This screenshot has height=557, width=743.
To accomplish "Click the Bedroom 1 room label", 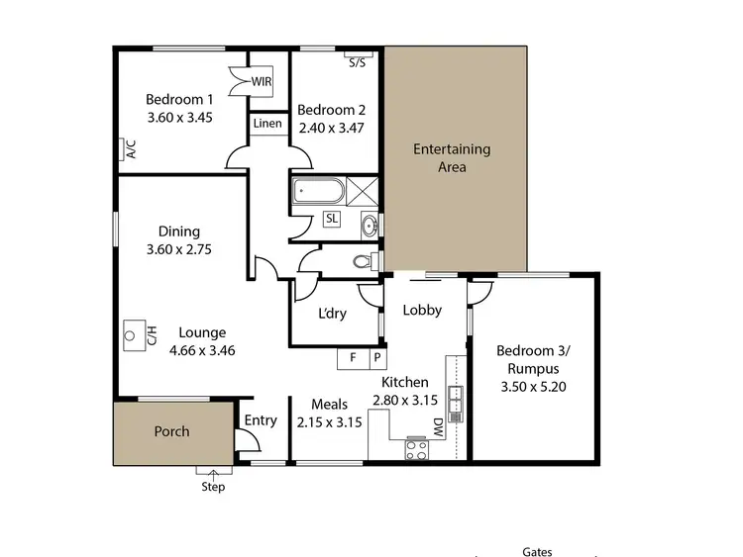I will click(x=179, y=99).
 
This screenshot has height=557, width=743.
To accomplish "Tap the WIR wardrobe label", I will click(x=263, y=81).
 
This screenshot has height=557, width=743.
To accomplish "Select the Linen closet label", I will click(x=267, y=124).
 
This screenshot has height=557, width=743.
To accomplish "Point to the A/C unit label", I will click(x=130, y=149).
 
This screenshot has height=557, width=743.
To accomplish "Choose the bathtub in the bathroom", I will click(x=317, y=190).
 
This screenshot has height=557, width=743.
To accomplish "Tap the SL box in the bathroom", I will click(x=331, y=219).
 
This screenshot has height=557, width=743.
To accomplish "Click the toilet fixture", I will click(x=364, y=261).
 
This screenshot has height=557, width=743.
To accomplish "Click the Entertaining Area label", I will click(x=452, y=158).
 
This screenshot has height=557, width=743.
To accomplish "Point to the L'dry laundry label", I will click(x=332, y=314).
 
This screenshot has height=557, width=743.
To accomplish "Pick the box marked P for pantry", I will click(x=376, y=358).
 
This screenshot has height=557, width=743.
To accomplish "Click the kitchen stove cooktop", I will click(x=417, y=448).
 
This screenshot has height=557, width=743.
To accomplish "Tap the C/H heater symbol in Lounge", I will click(x=134, y=335).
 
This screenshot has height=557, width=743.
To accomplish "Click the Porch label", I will click(x=171, y=431).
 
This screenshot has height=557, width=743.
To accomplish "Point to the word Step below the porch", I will click(x=213, y=487).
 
